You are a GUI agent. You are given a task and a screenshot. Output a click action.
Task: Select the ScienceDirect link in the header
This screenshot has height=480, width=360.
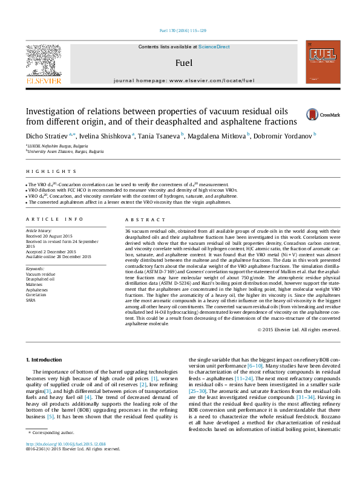pos(214,47)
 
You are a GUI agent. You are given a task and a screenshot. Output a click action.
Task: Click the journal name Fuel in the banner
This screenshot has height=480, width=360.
pos(183,62)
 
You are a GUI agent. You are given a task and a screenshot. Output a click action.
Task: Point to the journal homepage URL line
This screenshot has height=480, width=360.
pos(183,80)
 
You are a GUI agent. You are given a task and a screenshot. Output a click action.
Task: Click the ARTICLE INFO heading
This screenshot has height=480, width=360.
pos(54,219)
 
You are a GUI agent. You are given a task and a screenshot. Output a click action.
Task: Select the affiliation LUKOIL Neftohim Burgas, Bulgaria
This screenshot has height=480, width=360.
pos(54,146)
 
